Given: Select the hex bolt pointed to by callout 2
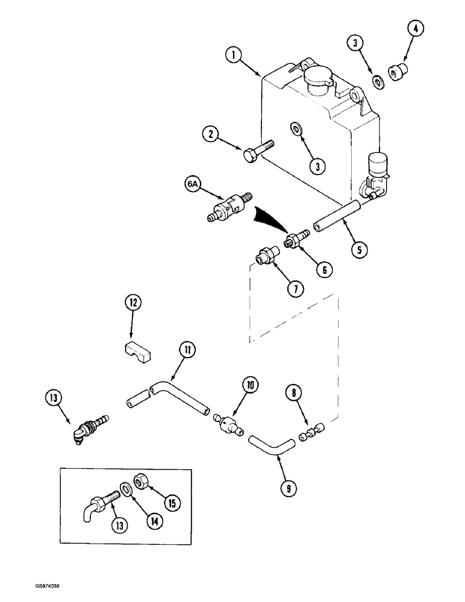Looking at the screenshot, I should [x=257, y=150].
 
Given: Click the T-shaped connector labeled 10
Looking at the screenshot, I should [x=229, y=426].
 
